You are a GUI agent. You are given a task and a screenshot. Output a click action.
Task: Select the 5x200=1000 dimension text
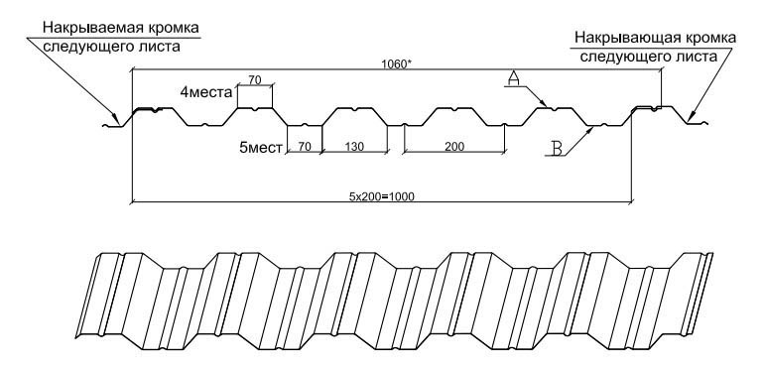[381, 196]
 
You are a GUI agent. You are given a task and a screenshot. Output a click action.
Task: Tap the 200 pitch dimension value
[454, 146]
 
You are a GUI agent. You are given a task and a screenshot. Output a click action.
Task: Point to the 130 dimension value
[354, 146]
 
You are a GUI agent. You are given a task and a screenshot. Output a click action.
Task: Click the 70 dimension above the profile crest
[255, 80]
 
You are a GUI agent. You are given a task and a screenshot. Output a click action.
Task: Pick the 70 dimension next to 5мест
[305, 146]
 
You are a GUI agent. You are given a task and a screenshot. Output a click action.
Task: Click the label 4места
[206, 91]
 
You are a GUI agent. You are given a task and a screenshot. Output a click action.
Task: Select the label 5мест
[261, 147]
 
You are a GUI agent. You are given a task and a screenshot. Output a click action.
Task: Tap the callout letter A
[513, 78]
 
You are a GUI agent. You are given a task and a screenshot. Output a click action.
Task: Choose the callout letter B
[558, 148]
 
